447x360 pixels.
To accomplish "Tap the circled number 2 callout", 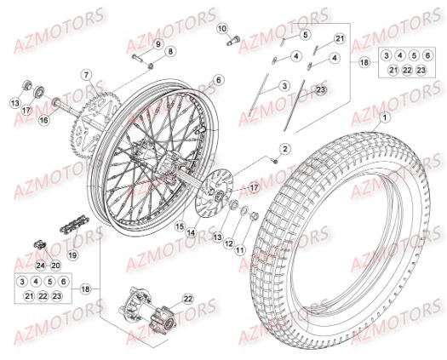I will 285,149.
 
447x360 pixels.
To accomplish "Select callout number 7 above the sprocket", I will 86,75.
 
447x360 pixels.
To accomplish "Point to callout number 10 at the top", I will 222,28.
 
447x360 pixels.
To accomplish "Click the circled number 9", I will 158,43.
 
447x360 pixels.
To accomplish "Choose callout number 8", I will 169,52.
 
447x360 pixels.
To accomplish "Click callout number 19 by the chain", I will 73,254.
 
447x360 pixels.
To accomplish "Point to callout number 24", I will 40,266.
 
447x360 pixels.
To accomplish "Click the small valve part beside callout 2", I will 276,159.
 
